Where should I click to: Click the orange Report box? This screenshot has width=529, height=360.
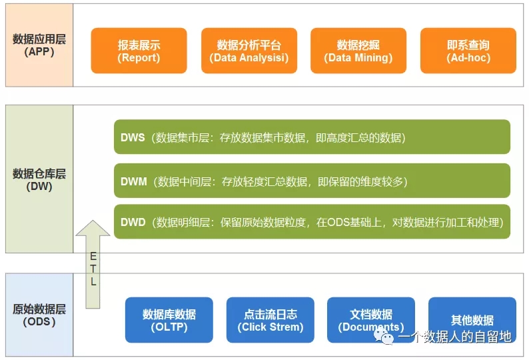pos(139,51)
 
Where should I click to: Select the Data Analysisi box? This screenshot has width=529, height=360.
pos(249,51)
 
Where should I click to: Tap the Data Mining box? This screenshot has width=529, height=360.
pos(358,51)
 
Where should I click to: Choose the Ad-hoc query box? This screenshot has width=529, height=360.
pos(468,51)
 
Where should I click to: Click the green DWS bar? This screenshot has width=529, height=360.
pos(312,137)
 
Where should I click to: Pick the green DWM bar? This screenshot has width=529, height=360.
pos(312,181)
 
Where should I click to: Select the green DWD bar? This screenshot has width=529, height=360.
pos(312,221)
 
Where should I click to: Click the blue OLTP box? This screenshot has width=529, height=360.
pos(169,320)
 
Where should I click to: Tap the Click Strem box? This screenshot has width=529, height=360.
pos(270,320)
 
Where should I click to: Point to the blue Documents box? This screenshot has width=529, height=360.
pos(371,320)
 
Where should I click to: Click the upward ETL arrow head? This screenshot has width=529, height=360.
pos(93,228)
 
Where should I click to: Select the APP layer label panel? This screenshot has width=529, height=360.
pos(39,45)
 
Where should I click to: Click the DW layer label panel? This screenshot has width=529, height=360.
pos(39,179)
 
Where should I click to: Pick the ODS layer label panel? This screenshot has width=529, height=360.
pos(39,315)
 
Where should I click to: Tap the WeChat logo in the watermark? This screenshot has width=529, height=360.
pos(384,337)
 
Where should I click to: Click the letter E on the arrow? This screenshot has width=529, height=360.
pos(93,256)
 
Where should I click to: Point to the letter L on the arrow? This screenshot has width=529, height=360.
pos(93,281)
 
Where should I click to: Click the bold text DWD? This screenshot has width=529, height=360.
pos(133,222)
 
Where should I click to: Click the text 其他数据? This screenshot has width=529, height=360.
pos(472,320)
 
